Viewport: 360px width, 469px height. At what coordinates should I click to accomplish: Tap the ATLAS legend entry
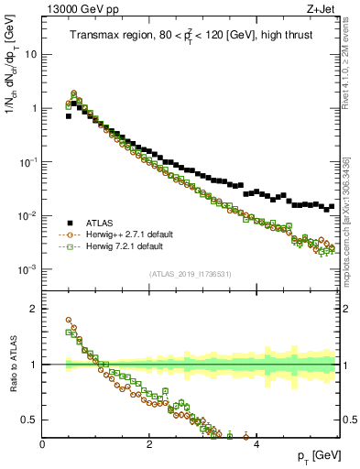click(x=96, y=223)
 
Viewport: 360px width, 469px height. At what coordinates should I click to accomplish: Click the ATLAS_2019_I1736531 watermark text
click(x=191, y=275)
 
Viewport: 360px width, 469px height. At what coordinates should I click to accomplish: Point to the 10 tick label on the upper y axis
click(x=29, y=54)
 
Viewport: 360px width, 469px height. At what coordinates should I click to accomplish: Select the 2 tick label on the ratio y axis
click(x=34, y=309)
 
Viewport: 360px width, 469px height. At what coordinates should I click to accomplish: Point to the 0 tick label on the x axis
click(x=43, y=444)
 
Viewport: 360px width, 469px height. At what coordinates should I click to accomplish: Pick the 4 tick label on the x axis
click(x=256, y=444)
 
